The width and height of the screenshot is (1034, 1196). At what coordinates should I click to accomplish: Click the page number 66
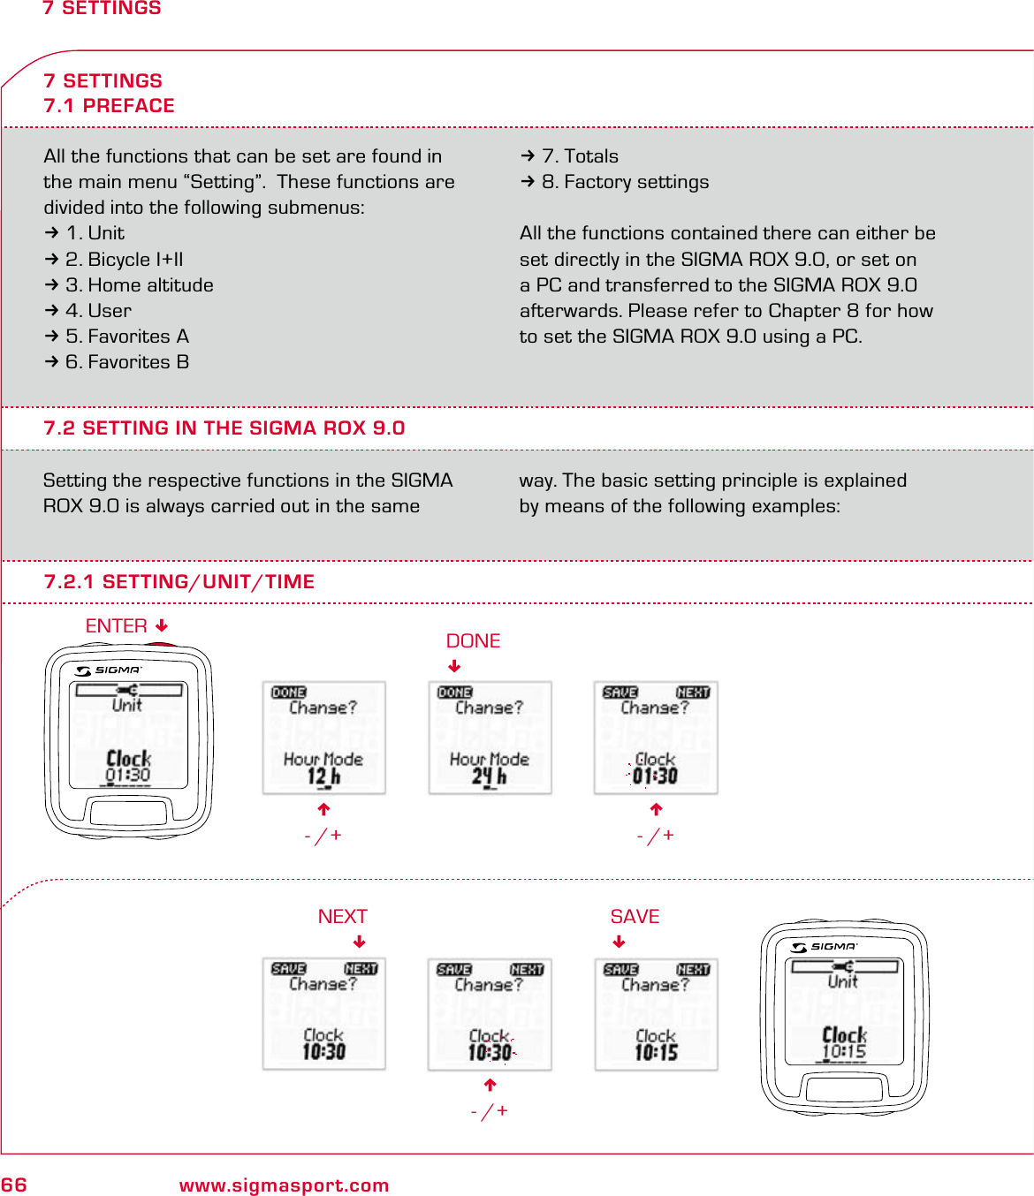(14, 1185)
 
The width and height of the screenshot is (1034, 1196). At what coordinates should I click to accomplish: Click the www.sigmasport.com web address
(284, 1185)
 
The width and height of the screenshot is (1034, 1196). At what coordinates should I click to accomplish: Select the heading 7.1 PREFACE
(109, 106)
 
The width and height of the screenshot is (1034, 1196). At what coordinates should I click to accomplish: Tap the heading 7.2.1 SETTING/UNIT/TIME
(179, 582)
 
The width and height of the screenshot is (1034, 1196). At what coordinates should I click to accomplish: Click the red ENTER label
(116, 626)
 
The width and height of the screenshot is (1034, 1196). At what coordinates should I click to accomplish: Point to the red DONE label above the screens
(473, 641)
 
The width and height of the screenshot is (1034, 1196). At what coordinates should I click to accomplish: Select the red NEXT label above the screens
(342, 917)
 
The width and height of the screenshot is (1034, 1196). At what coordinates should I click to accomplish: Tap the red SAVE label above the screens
(635, 917)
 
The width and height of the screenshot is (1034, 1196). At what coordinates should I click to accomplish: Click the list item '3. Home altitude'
(139, 285)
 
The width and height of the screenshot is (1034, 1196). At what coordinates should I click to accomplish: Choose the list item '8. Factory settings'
(625, 182)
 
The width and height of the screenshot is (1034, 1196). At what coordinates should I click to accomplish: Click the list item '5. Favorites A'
(126, 337)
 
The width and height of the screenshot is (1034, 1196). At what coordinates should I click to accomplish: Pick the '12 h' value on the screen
(323, 776)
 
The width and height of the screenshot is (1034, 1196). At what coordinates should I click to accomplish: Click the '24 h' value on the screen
(489, 776)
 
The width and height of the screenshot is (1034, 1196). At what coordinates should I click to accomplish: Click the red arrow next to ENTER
(162, 626)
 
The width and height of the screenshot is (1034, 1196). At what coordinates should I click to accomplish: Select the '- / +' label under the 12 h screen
(323, 836)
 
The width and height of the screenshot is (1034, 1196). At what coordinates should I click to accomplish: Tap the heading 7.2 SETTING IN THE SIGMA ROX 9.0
(224, 428)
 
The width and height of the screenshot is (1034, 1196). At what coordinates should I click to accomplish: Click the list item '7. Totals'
(580, 156)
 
